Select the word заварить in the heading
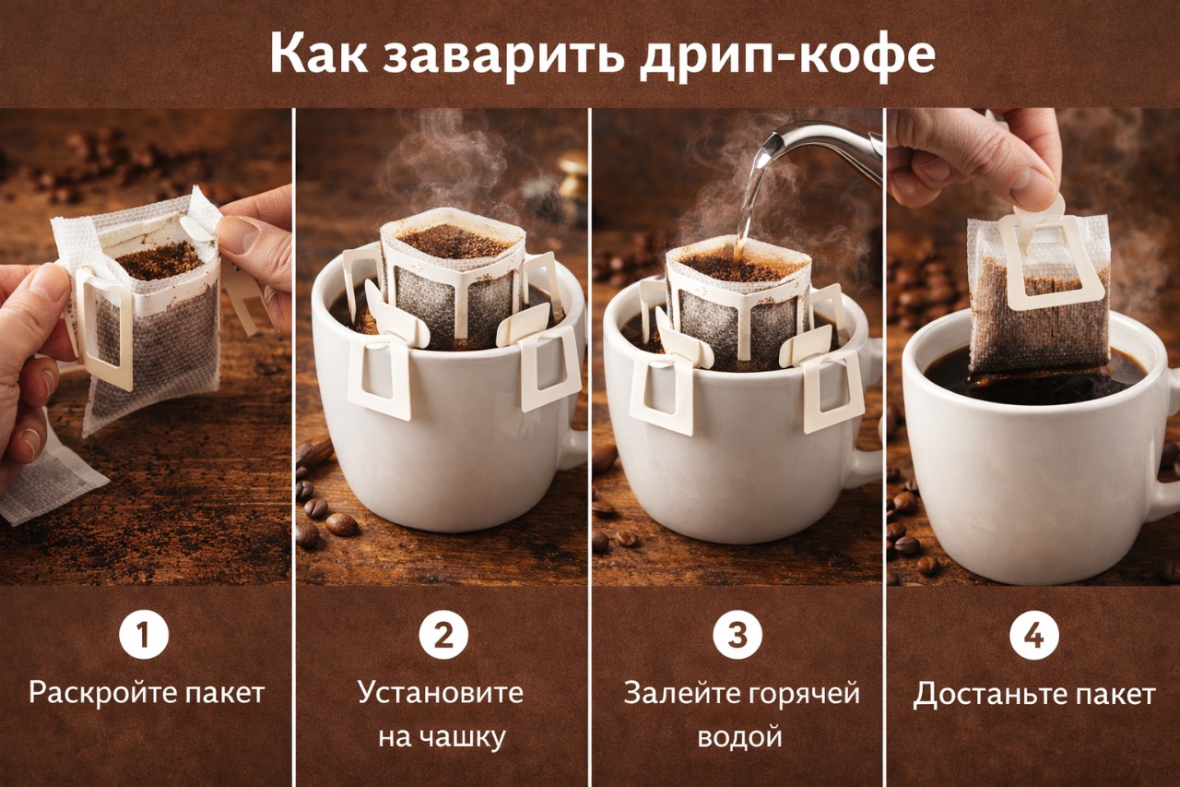[503, 56]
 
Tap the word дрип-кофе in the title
[788, 56]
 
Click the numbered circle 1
[144, 635]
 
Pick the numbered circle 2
[443, 635]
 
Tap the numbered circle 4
[1034, 635]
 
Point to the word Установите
[441, 693]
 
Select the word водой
[739, 737]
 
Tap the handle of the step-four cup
[1168, 448]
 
